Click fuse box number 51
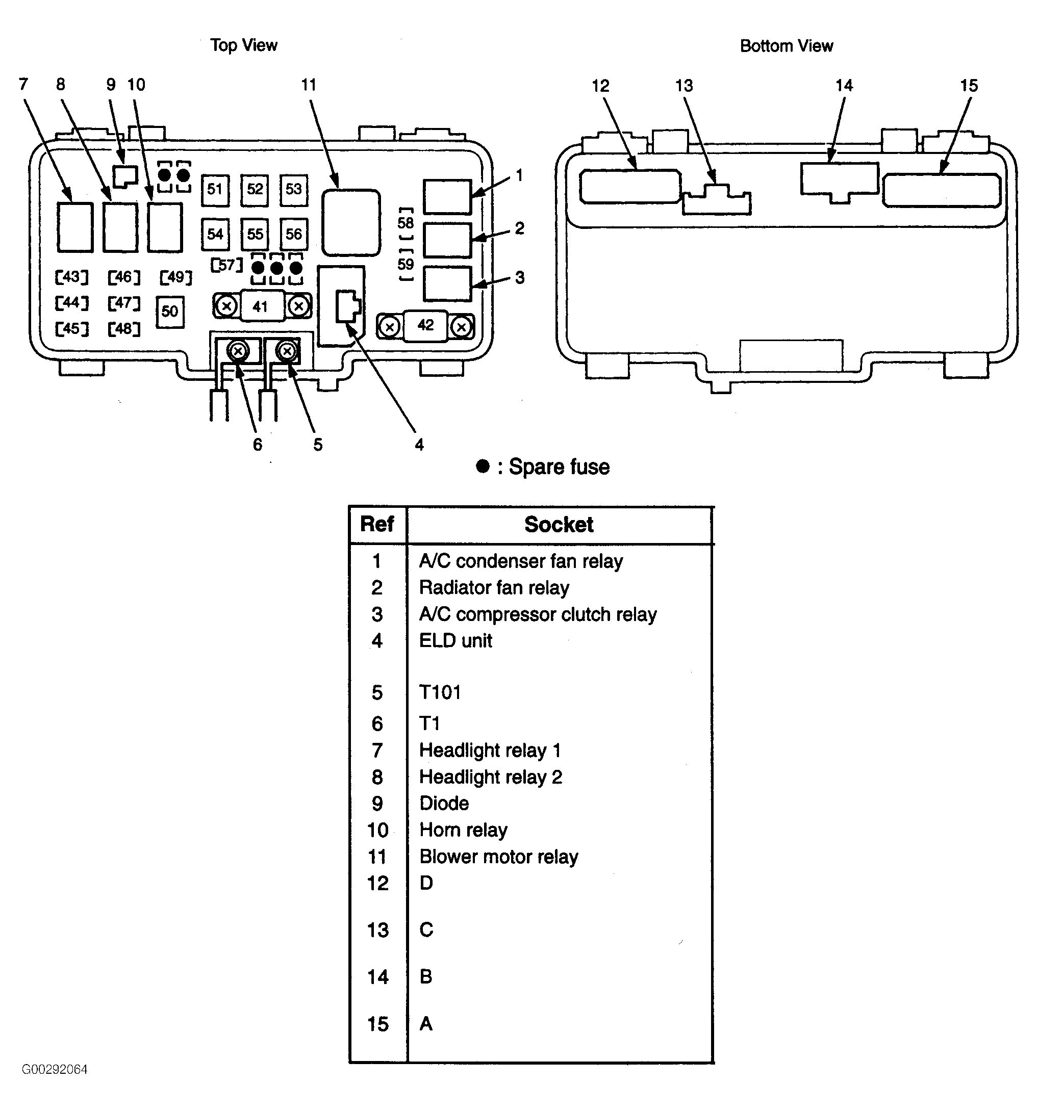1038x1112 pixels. (x=215, y=189)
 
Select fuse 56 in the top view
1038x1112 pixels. (x=294, y=234)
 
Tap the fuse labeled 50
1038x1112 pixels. (x=169, y=312)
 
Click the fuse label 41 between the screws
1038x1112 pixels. (x=260, y=306)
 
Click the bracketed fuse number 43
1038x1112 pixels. (x=71, y=277)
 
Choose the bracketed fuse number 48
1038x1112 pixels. (x=123, y=328)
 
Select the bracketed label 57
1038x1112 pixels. (x=226, y=265)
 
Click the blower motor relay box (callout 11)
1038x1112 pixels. (x=351, y=222)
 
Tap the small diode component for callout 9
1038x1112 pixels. (x=125, y=175)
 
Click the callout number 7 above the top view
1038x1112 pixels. (x=23, y=85)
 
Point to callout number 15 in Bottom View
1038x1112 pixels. (x=969, y=86)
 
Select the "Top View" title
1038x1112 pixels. (x=243, y=45)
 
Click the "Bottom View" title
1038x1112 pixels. (x=786, y=46)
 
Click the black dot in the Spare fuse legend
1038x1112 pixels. (x=483, y=466)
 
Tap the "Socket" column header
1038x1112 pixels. (x=559, y=525)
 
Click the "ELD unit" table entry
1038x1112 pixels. (x=455, y=640)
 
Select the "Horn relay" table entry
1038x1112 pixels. (x=463, y=830)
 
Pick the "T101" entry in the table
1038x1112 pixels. (x=440, y=692)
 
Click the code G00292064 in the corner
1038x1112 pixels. (x=55, y=1070)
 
